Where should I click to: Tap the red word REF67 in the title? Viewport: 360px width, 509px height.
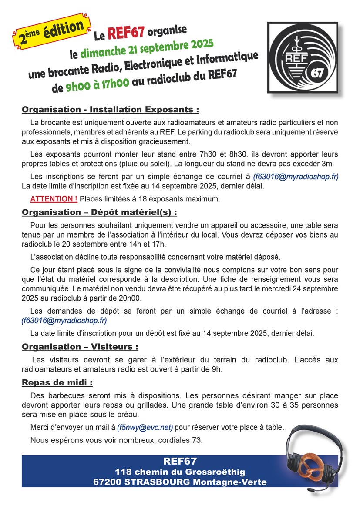[x=126, y=33]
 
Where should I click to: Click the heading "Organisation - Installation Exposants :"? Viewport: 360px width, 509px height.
[x=111, y=109]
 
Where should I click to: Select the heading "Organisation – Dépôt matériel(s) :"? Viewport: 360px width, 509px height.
[x=100, y=213]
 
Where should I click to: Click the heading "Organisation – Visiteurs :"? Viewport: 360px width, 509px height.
[x=80, y=347]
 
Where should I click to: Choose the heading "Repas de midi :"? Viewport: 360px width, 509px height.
[x=57, y=383]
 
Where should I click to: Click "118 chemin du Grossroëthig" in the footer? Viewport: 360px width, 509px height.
[x=180, y=472]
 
